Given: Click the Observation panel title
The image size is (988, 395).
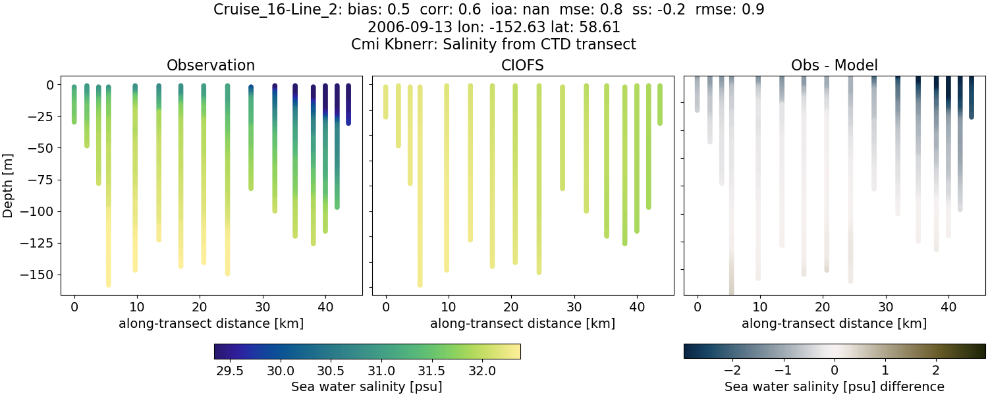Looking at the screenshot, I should click(x=211, y=65).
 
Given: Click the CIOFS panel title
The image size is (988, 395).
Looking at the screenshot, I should click(x=522, y=65).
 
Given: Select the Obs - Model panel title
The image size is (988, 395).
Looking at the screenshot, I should click(x=834, y=65).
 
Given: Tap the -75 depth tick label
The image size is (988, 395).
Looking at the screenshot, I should click(x=43, y=180).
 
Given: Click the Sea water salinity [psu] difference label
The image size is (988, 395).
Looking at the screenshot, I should click(x=834, y=386).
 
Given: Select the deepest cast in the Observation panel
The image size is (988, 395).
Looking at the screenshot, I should click(x=109, y=197).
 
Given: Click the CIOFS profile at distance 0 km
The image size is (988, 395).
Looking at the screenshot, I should click(x=386, y=102).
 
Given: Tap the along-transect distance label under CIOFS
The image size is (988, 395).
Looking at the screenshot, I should click(x=522, y=323).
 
